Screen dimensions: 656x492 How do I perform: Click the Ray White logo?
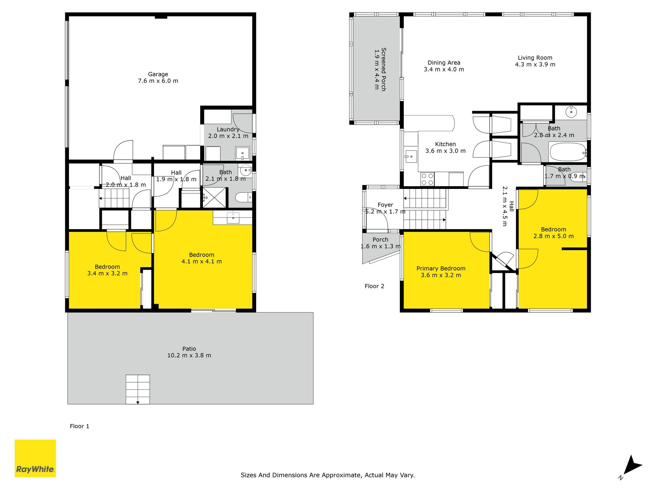pyautogui.click(x=35, y=458)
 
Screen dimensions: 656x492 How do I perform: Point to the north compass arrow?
pyautogui.click(x=633, y=466)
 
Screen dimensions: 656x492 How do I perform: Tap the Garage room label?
pyautogui.click(x=158, y=74)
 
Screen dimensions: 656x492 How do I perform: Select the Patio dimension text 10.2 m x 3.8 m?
pyautogui.click(x=189, y=355)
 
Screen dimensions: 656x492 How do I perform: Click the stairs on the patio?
pyautogui.click(x=138, y=389)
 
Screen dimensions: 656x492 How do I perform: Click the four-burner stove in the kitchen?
pyautogui.click(x=427, y=179)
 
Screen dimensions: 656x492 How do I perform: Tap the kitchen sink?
pyautogui.click(x=411, y=157)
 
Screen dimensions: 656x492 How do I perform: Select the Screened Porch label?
pyautogui.click(x=384, y=69)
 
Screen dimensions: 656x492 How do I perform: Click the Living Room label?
pyautogui.click(x=535, y=58)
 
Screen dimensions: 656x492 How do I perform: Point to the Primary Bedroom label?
pyautogui.click(x=441, y=269)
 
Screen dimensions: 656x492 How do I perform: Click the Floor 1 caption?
pyautogui.click(x=80, y=426)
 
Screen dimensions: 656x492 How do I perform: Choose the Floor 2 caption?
pyautogui.click(x=374, y=286)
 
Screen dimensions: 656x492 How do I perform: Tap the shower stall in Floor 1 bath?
pyautogui.click(x=214, y=197)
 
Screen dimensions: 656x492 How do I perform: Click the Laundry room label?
pyautogui.click(x=228, y=129)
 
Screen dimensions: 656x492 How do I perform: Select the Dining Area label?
pyautogui.click(x=444, y=63)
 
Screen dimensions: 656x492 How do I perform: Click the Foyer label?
pyautogui.click(x=385, y=205)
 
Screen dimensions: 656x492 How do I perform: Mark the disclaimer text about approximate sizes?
pyautogui.click(x=328, y=475)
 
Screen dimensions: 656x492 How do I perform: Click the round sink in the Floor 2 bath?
pyautogui.click(x=571, y=112)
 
